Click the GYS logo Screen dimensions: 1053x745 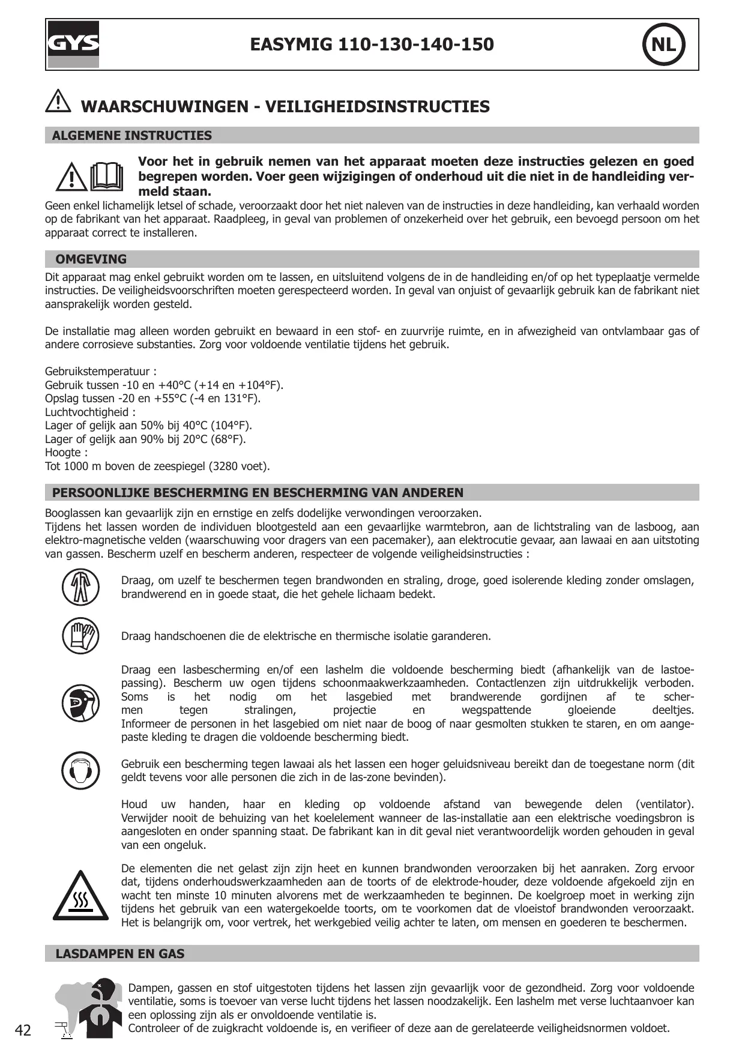tap(73, 44)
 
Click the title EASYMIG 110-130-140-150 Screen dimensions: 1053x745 tap(372, 44)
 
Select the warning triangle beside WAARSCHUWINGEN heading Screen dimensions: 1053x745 tap(58, 101)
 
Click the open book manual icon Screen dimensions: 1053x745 tap(106, 176)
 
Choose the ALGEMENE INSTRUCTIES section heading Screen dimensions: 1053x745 tap(132, 136)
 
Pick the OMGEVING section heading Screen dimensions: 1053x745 tap(91, 259)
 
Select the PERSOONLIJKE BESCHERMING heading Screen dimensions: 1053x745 tap(258, 493)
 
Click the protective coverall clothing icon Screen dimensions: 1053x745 tap(80, 587)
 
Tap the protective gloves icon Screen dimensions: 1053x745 tap(80, 635)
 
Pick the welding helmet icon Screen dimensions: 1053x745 tap(80, 703)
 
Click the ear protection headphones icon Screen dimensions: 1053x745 tap(80, 770)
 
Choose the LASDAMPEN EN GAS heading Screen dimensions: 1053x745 tap(120, 954)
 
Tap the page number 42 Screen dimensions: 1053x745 tap(23, 1031)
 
